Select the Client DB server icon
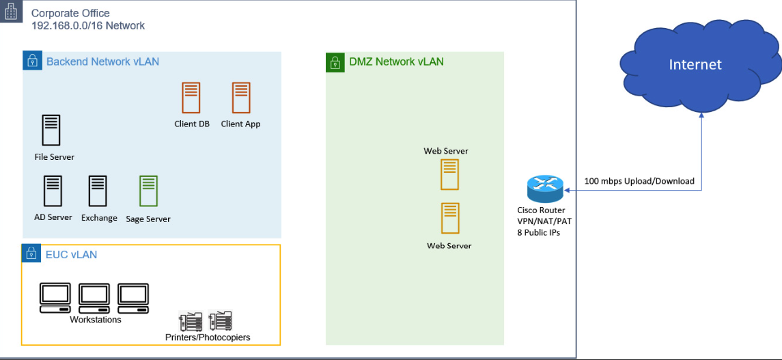191,98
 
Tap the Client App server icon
240,98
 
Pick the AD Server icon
53,191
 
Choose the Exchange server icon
98,191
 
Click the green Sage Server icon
148,191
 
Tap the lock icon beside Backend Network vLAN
31,61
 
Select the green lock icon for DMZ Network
335,62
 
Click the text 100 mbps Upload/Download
639,181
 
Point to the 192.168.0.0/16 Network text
88,26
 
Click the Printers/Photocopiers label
208,337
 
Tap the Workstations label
95,320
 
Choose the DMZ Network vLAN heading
395,61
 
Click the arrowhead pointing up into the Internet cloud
702,117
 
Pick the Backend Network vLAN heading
102,61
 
